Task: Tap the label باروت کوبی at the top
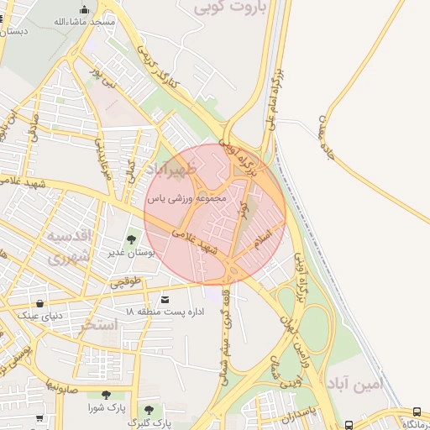coord(228,9)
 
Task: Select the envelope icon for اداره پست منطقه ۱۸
coord(164,300)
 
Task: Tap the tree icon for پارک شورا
coord(106,395)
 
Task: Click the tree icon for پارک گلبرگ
coord(149,410)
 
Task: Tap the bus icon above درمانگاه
coord(417,412)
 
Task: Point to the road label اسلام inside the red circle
coord(263,239)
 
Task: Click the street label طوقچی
coord(126,282)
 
